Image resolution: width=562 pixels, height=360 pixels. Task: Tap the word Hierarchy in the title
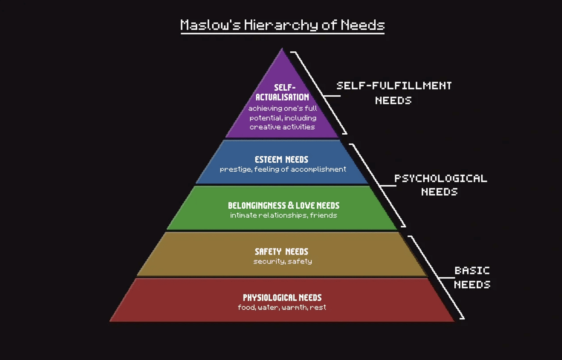click(281, 25)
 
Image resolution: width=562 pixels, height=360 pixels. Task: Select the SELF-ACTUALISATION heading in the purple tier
click(282, 93)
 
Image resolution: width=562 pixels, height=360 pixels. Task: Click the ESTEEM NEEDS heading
click(281, 159)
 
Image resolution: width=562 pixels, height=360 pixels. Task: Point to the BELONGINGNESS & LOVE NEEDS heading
click(283, 205)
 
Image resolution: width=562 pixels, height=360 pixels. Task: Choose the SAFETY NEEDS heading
click(281, 252)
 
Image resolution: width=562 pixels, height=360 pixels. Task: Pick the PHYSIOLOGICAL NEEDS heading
click(282, 297)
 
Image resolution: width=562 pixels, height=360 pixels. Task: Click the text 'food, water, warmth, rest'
click(282, 307)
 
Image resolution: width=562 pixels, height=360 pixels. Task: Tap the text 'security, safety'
click(283, 261)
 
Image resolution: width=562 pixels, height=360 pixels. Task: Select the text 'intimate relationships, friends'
click(283, 215)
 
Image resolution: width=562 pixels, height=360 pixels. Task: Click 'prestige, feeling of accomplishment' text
click(283, 169)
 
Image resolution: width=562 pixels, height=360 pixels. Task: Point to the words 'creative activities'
click(282, 127)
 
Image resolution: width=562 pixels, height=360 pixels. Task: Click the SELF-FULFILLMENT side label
click(394, 86)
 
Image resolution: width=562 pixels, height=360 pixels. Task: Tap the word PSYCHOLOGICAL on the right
click(440, 178)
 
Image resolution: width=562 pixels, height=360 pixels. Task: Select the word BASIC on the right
click(472, 270)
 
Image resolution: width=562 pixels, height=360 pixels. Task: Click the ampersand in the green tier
click(291, 205)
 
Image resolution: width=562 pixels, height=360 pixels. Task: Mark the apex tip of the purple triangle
click(282, 49)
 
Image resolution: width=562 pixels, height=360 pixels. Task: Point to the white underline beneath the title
click(282, 34)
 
